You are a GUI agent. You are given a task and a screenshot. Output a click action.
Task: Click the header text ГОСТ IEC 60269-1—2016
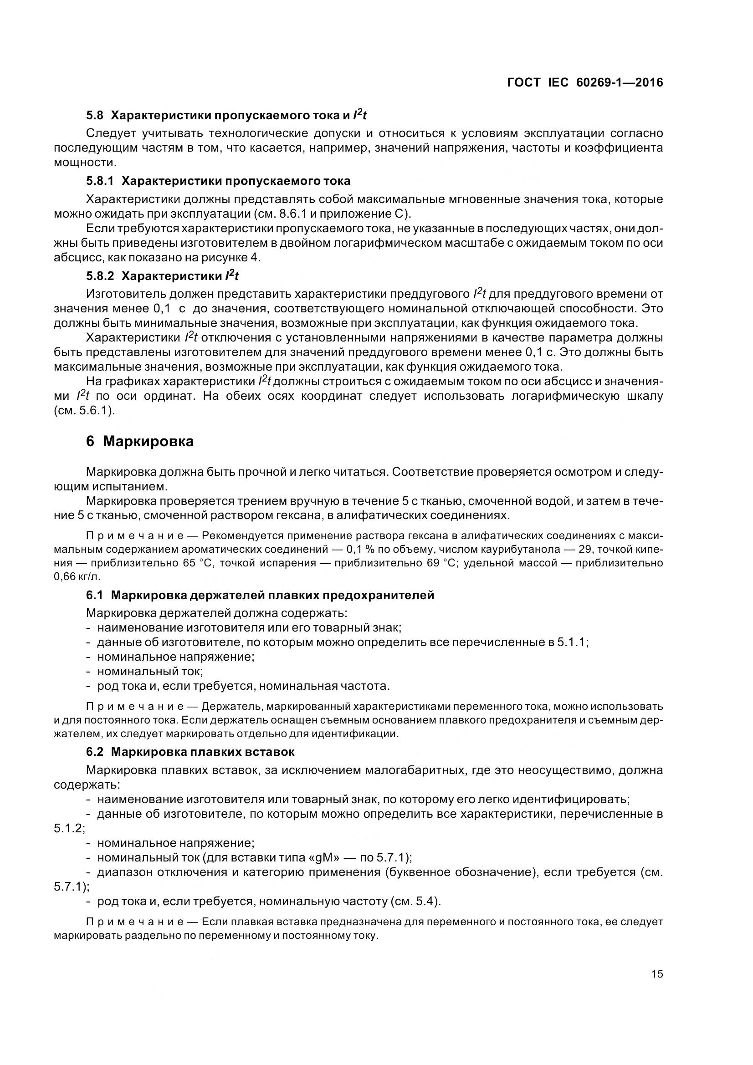click(585, 82)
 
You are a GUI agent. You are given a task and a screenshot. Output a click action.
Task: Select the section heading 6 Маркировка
click(140, 441)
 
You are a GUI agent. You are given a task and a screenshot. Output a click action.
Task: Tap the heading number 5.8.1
click(100, 180)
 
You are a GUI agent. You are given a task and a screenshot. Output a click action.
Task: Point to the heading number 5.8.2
click(100, 276)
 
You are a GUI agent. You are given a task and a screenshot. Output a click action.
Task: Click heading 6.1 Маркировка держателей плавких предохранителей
click(260, 595)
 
